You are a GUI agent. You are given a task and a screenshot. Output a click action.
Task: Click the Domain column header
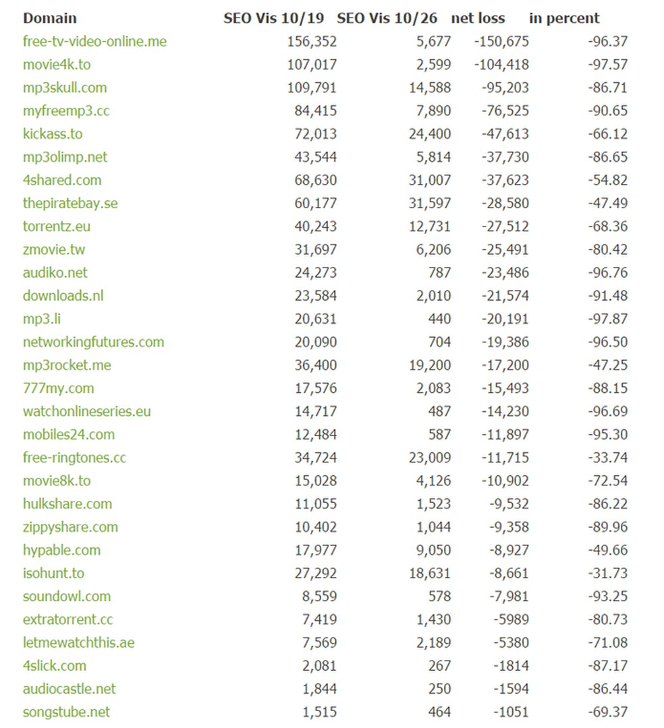[50, 18]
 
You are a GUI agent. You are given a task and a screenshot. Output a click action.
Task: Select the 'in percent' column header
[564, 18]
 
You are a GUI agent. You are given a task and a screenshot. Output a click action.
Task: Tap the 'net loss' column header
[478, 18]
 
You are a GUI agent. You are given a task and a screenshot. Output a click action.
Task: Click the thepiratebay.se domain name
[70, 203]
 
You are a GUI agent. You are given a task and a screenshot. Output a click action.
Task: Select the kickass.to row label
[53, 133]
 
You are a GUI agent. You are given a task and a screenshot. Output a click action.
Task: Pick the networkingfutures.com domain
[93, 342]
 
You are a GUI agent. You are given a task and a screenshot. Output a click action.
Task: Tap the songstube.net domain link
[66, 712]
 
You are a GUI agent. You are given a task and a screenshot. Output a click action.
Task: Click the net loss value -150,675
[501, 42]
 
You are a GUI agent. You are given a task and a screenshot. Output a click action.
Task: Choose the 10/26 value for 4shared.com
[430, 180]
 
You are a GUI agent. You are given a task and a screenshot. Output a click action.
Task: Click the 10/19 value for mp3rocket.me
[315, 365]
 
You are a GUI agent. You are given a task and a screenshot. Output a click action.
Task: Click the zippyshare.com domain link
[70, 527]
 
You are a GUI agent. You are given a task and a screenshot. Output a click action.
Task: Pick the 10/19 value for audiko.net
[315, 272]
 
